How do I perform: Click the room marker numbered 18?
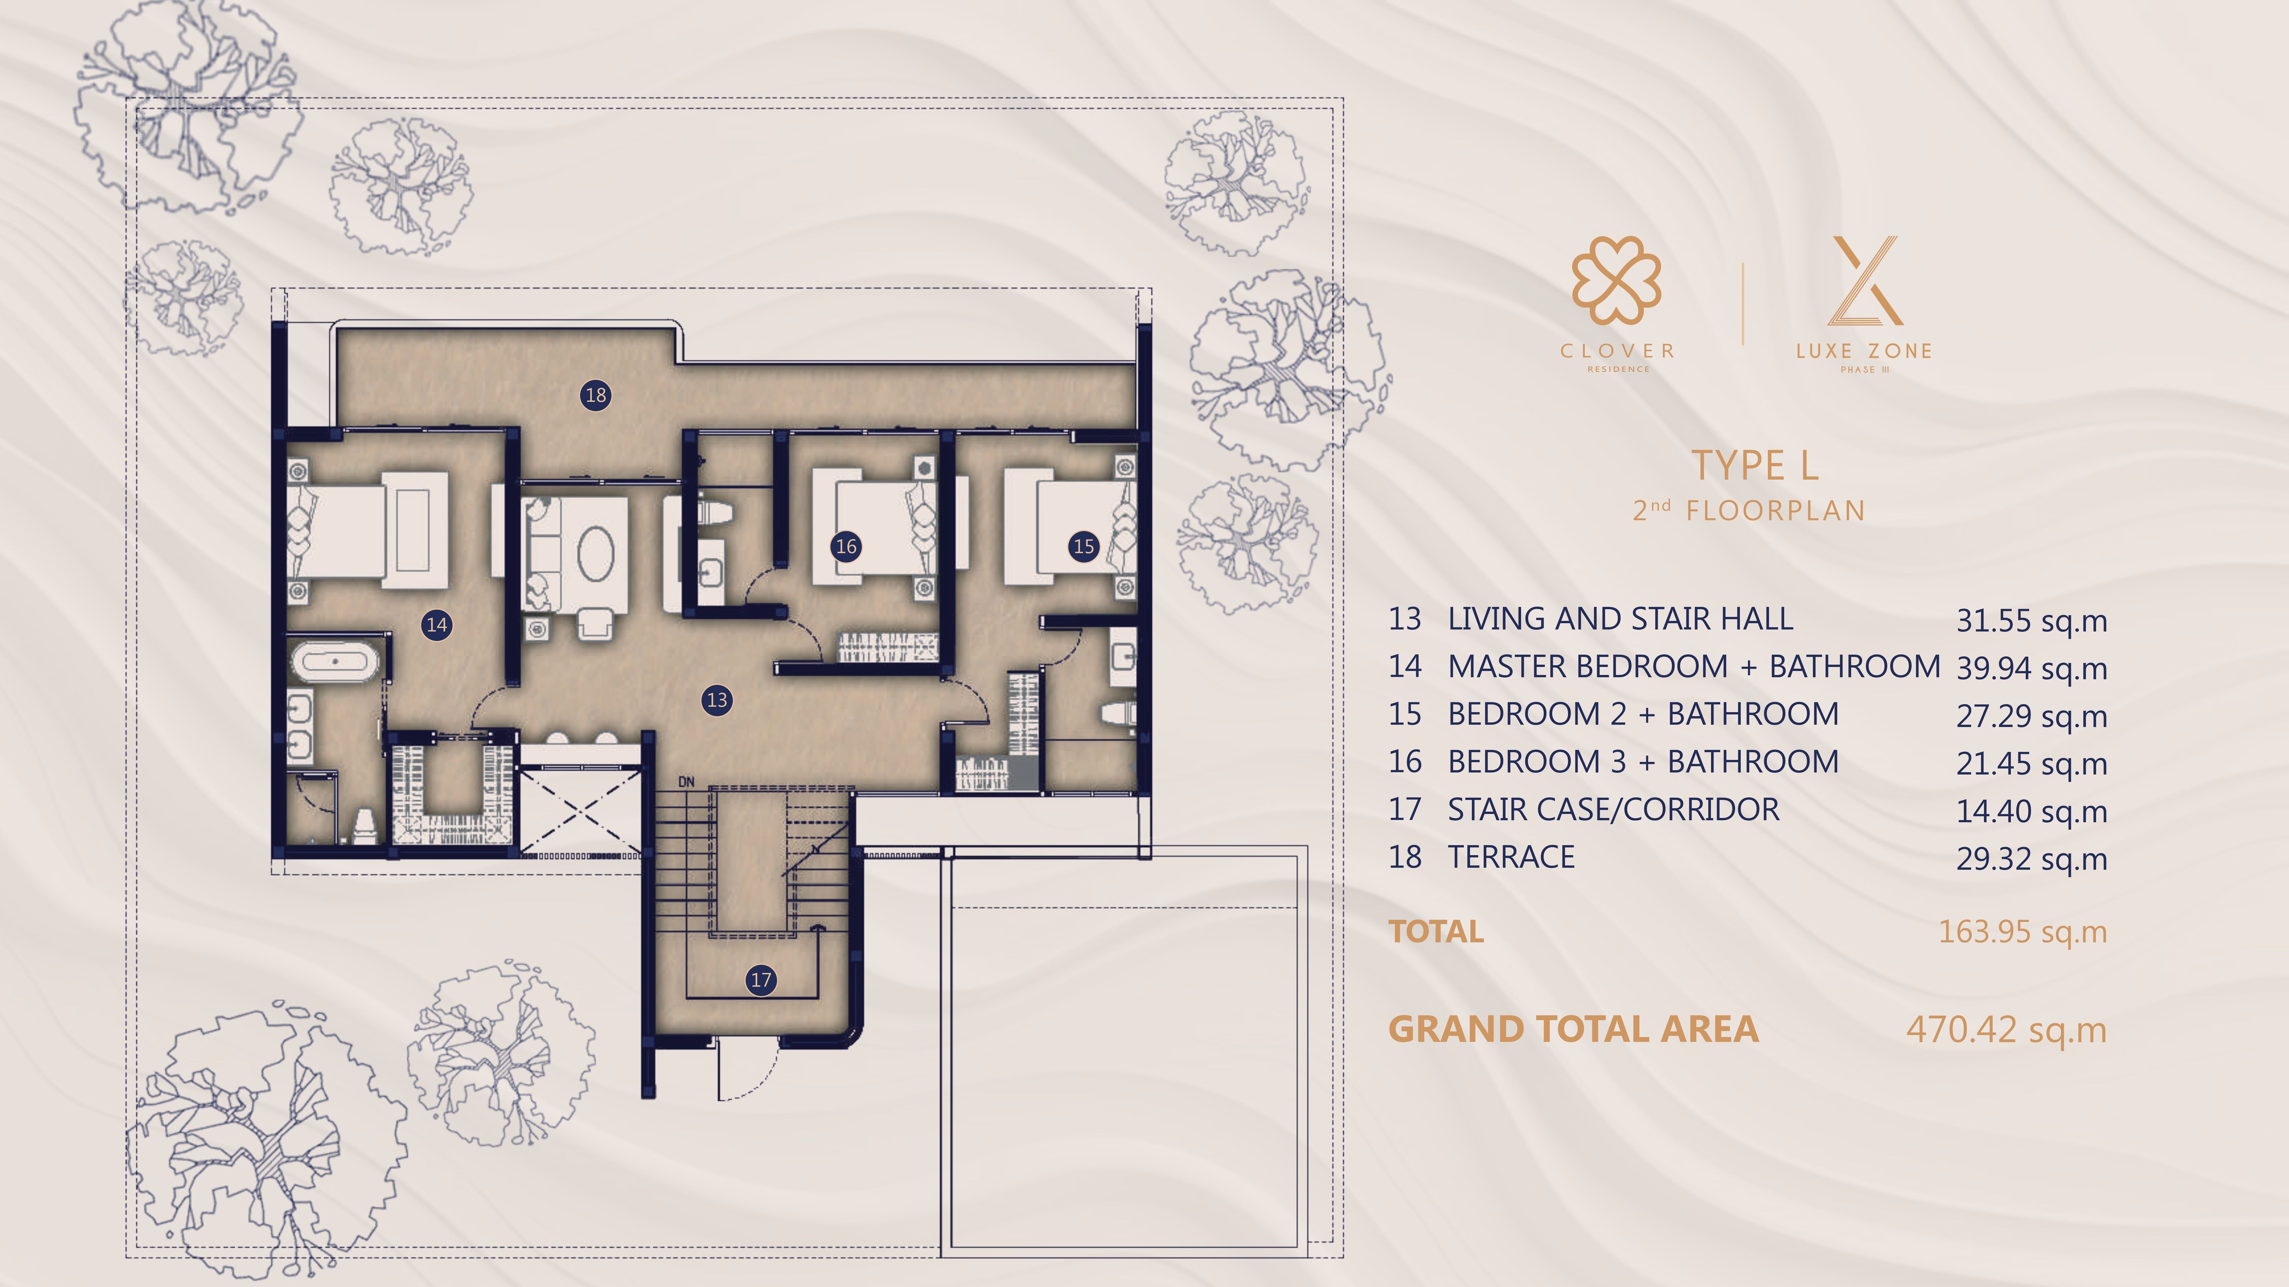coord(595,395)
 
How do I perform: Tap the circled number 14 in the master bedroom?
coord(436,624)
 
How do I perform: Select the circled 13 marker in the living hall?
coord(717,700)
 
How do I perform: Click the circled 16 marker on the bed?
coord(846,546)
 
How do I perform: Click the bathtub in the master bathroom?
coord(335,663)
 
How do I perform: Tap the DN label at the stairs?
coord(686,782)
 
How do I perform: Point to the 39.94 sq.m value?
coord(2031,668)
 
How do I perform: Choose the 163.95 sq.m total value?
coord(2022,932)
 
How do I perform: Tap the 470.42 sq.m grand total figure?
coord(2006,1030)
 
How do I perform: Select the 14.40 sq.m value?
coord(2031,811)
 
